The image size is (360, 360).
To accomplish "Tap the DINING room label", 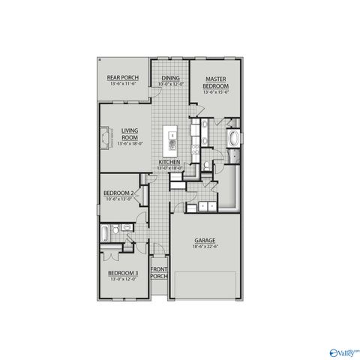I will [x=169, y=76].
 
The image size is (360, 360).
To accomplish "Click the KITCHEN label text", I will [x=169, y=163].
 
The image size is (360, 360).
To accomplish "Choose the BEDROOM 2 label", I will [x=118, y=193].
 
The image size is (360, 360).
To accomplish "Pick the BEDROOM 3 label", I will [x=122, y=272].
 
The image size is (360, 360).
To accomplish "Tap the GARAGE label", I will [x=205, y=240].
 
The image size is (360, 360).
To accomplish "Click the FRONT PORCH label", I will [x=159, y=271].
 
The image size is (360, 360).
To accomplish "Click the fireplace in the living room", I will [x=103, y=139].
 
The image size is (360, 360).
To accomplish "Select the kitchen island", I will [x=171, y=139].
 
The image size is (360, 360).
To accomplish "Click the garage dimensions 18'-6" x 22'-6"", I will [x=205, y=246].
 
